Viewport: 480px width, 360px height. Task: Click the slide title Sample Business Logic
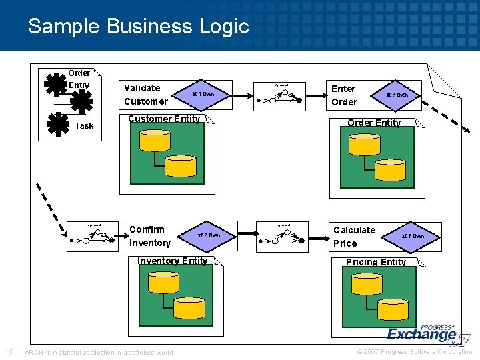138,26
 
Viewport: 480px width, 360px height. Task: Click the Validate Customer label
145,95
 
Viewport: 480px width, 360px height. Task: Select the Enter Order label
344,95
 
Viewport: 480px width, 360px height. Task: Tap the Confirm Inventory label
150,236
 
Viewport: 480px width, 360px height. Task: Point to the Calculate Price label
354,237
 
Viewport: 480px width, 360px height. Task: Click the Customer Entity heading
164,119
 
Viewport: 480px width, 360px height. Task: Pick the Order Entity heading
373,123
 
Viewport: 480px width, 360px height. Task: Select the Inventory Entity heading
172,261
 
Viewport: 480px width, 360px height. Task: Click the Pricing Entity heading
375,262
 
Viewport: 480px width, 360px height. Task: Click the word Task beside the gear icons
85,126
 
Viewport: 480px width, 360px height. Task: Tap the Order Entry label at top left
79,79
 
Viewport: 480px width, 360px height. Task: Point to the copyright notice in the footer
414,352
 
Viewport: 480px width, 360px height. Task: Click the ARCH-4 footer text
98,352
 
